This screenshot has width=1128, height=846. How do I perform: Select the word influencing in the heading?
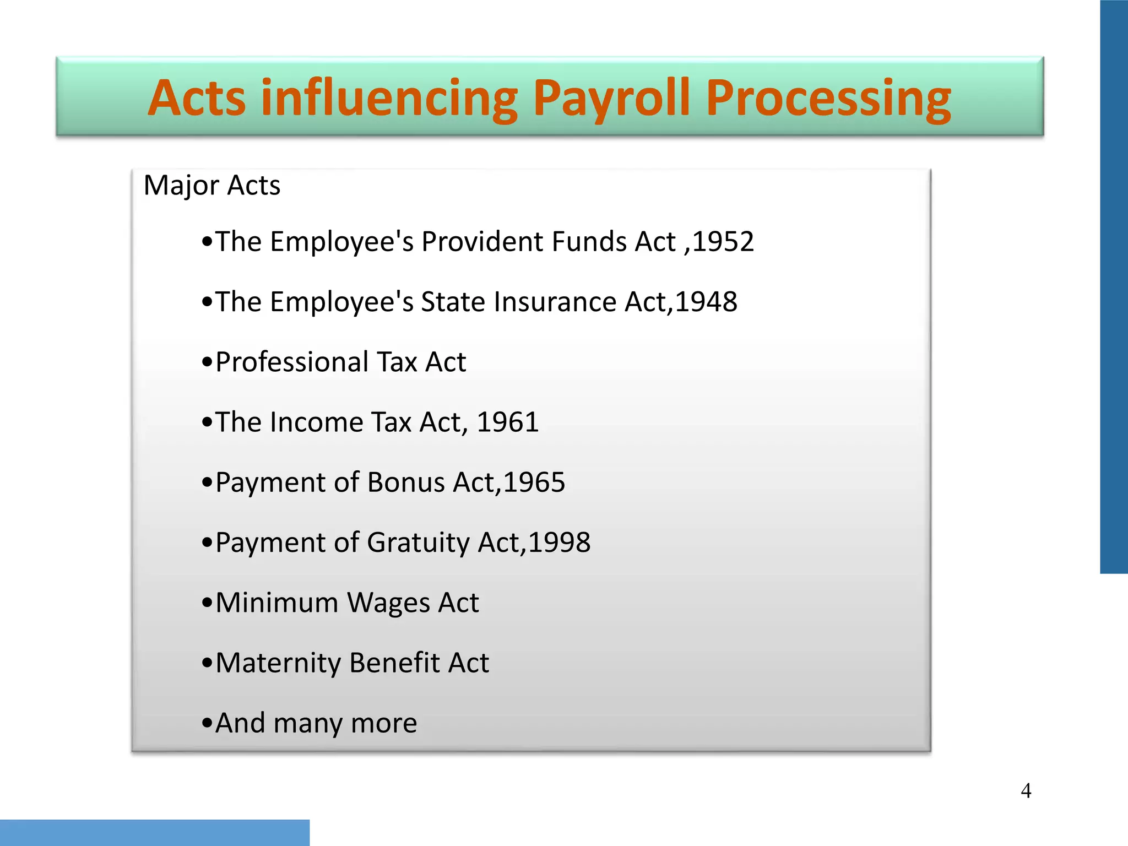tap(389, 99)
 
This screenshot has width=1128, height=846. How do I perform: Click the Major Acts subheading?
tap(211, 186)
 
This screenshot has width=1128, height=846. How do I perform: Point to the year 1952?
tap(723, 242)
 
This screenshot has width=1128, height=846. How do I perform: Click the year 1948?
tap(706, 302)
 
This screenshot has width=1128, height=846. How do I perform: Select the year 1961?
tap(507, 422)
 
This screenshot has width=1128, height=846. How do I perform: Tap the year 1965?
tap(534, 482)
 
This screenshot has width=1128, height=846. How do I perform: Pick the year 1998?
tap(559, 543)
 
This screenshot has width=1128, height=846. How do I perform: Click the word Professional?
tap(292, 362)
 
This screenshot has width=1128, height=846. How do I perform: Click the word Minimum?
tap(276, 603)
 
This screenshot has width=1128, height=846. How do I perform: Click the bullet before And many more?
tap(207, 723)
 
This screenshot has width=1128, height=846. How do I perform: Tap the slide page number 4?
tap(1026, 791)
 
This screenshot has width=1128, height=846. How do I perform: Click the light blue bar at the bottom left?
tap(154, 832)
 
